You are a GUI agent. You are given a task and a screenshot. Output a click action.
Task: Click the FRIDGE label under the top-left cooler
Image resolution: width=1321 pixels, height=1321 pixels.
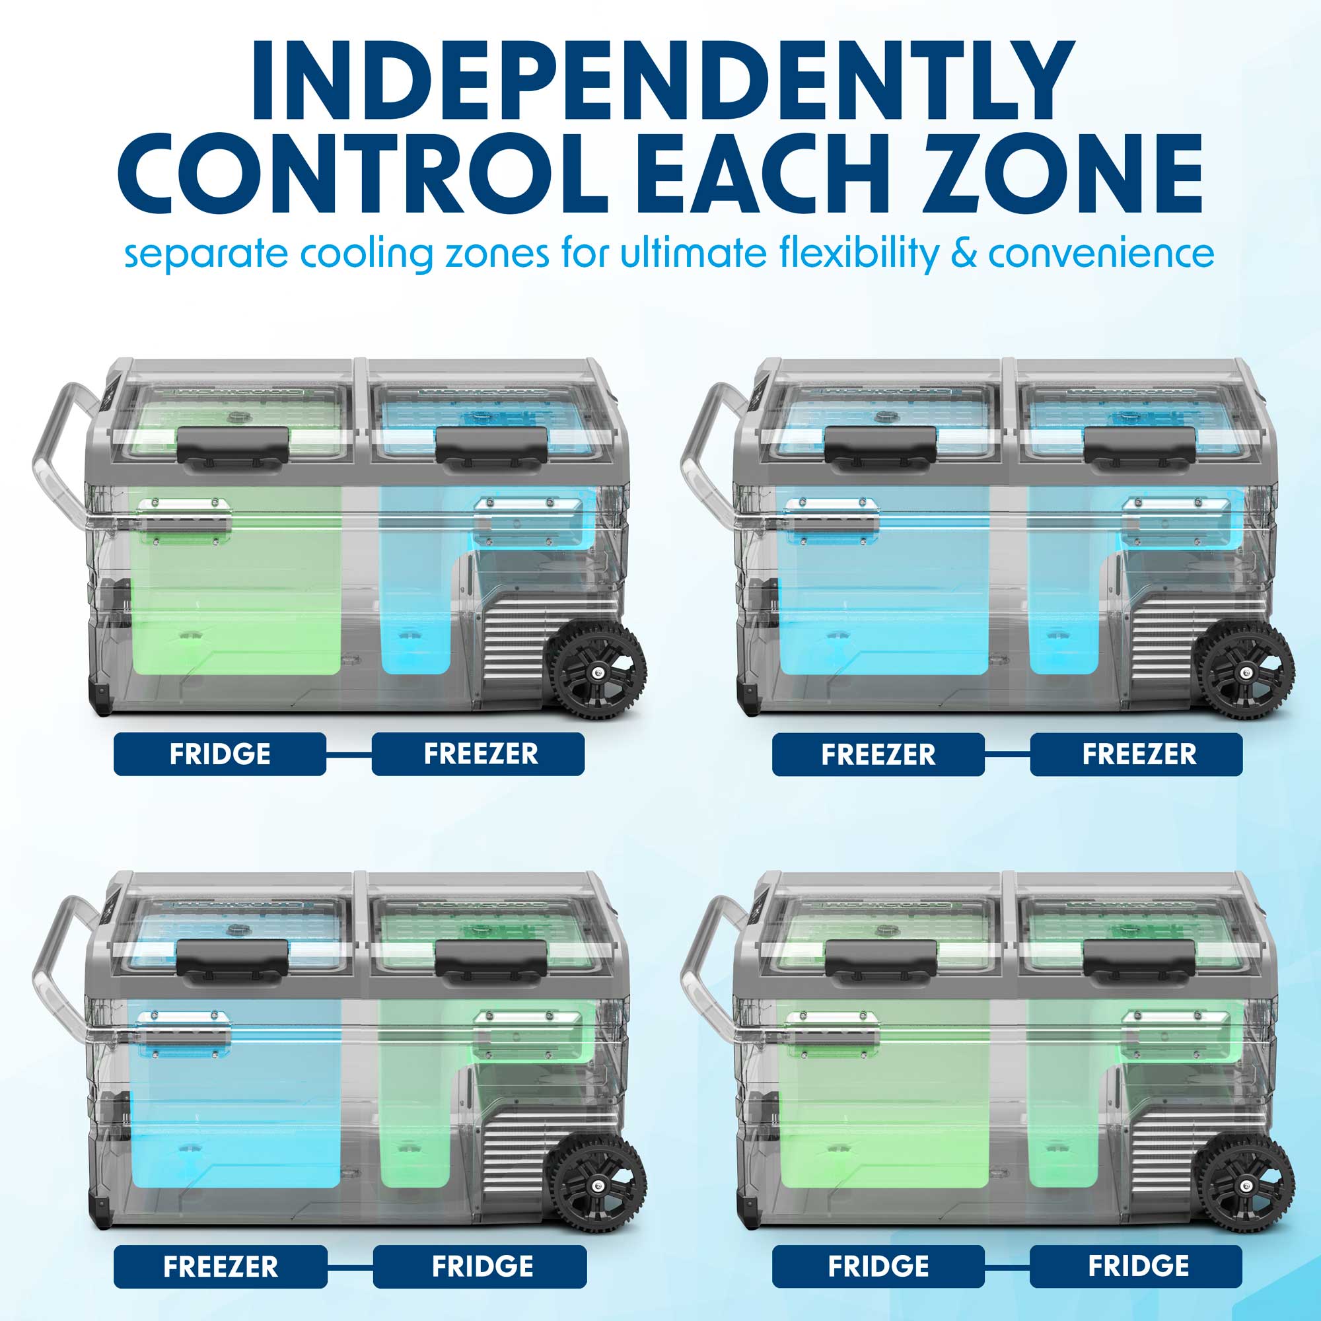coord(219,754)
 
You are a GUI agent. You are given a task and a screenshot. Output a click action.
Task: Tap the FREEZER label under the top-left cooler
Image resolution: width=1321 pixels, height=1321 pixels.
coord(478,754)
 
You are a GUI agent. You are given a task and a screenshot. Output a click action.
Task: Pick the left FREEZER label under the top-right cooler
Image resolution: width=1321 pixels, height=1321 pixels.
coord(878,754)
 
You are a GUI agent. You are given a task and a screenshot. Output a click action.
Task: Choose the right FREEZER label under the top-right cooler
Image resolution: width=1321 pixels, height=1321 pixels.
coord(1136,754)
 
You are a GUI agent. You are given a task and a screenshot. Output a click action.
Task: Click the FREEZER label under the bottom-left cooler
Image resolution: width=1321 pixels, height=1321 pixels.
coord(220,1267)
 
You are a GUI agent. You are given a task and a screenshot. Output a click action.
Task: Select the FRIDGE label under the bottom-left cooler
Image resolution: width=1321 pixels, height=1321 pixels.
coord(480,1267)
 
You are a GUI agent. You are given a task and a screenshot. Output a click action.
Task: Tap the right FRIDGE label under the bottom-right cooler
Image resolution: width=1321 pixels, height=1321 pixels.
coord(1136,1266)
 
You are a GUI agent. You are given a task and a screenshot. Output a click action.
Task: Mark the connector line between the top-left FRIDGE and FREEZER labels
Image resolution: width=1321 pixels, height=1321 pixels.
coord(349,754)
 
